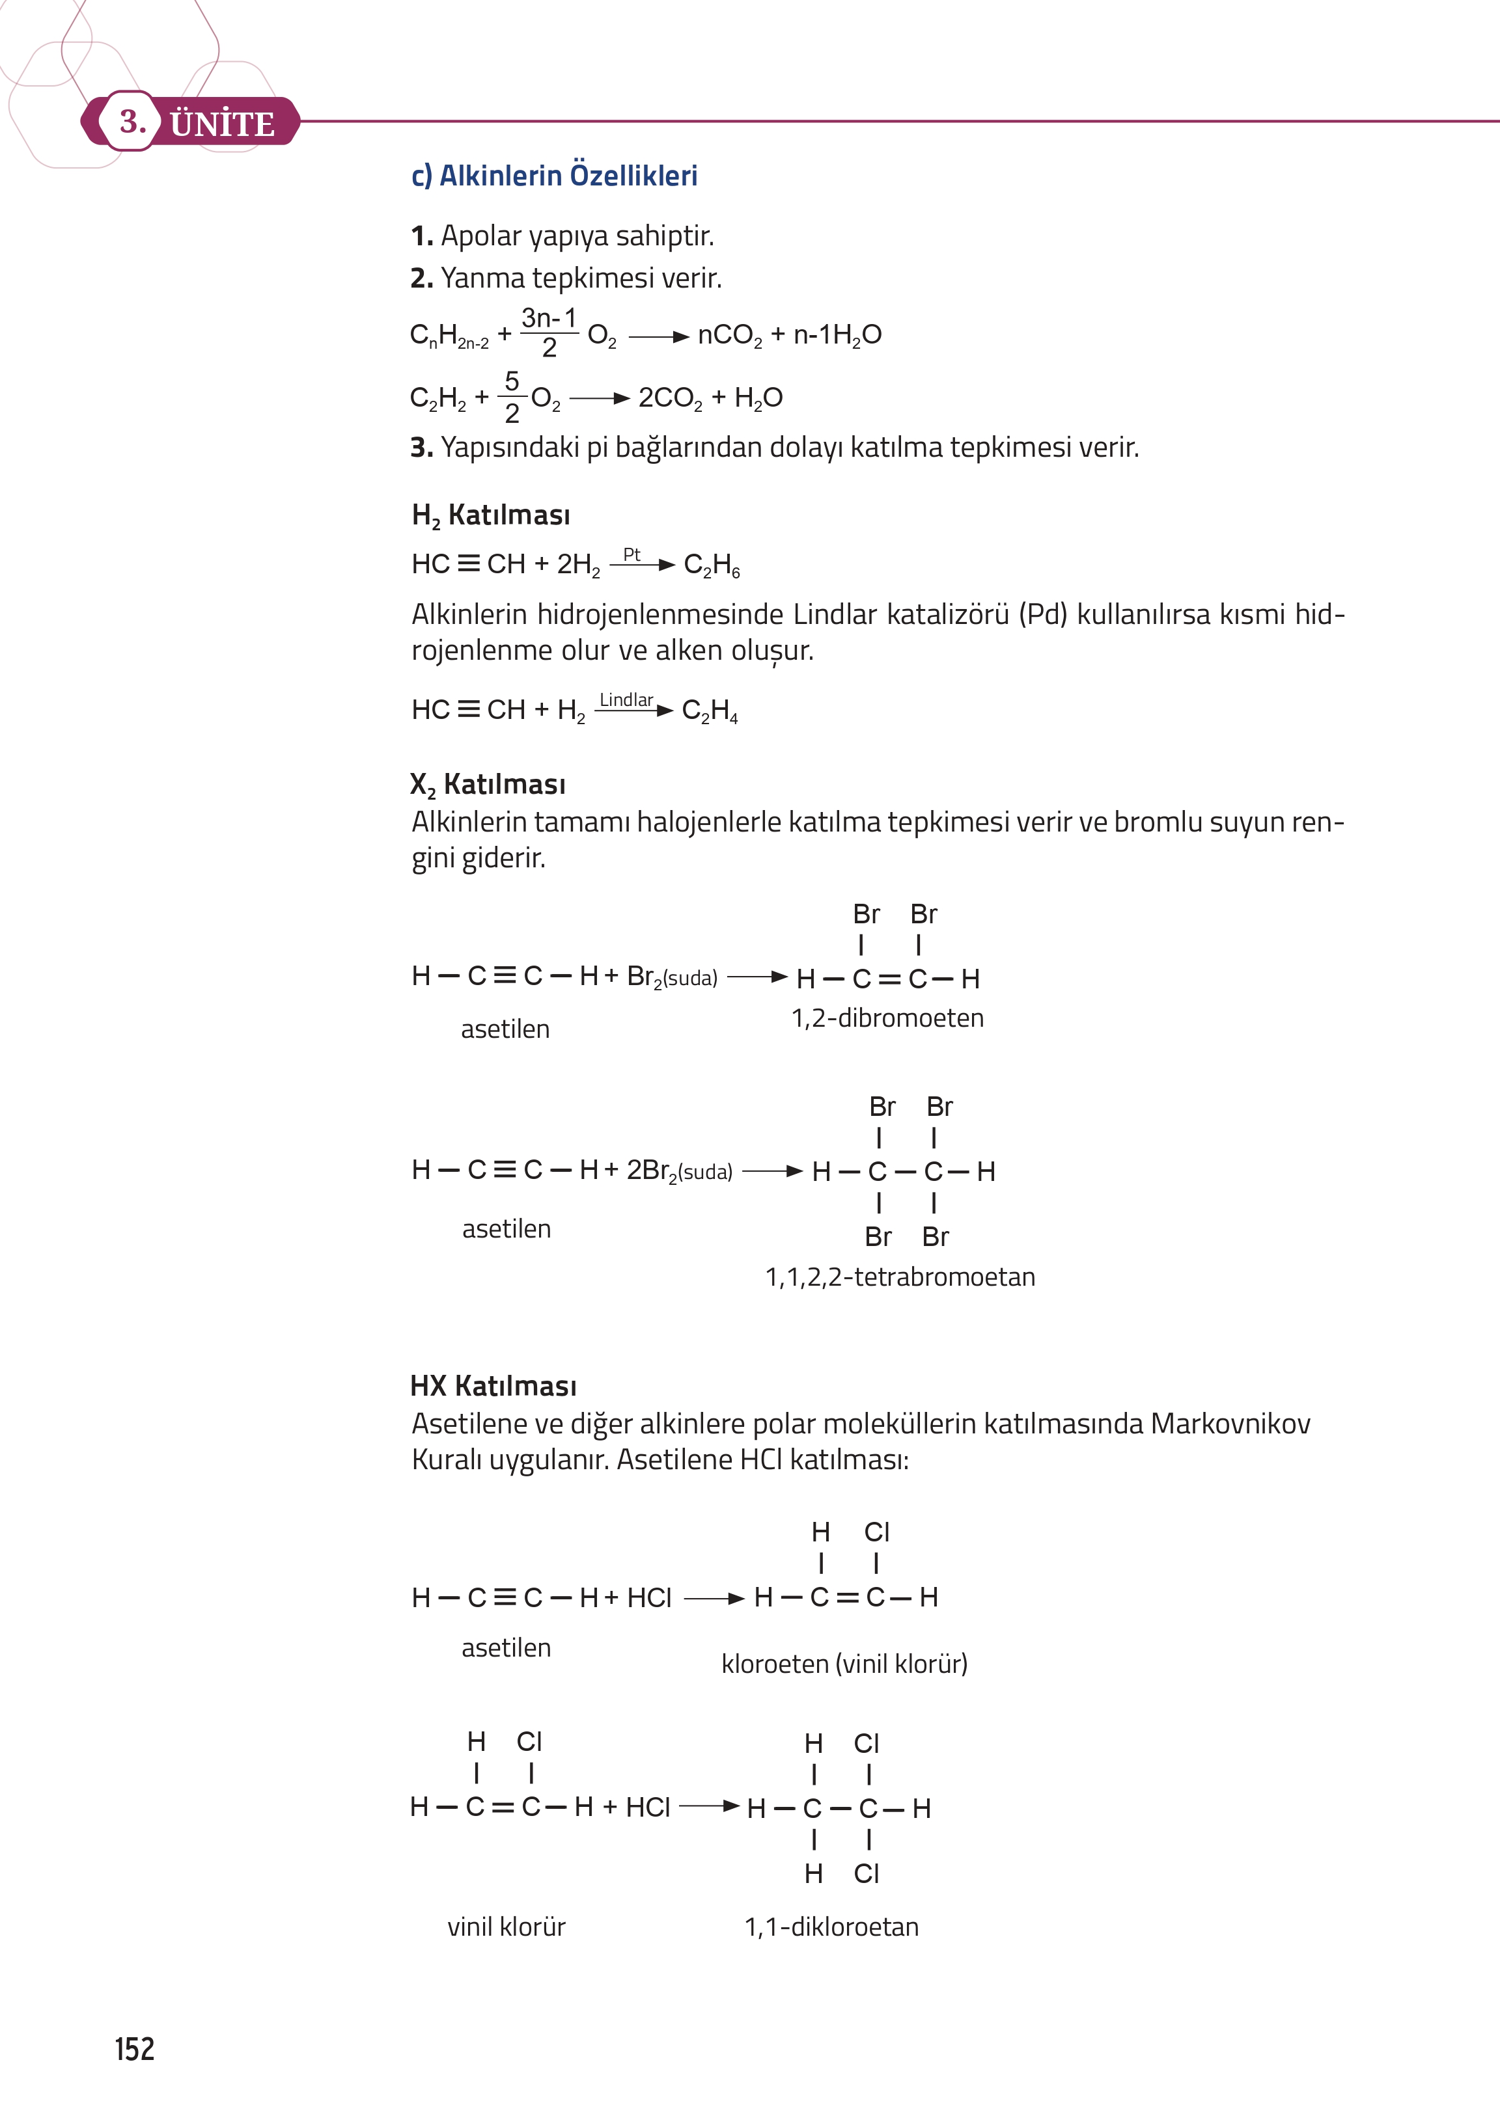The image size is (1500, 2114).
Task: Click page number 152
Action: (x=135, y=2048)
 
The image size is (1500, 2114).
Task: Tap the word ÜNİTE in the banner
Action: (x=223, y=124)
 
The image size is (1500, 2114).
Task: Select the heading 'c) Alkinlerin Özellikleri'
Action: (x=554, y=176)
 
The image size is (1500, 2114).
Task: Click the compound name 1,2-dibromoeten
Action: (x=887, y=1018)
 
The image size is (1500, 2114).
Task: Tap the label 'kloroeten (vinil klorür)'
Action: (x=844, y=1664)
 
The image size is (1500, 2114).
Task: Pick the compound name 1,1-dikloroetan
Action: (x=831, y=1927)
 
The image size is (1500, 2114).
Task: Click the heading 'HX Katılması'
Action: (x=493, y=1386)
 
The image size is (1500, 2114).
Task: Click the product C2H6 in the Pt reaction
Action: (x=711, y=565)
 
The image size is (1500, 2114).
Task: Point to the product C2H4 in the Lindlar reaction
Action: (x=710, y=711)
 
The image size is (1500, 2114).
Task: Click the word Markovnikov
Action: (x=1230, y=1424)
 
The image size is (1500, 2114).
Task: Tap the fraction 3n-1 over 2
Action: (x=549, y=332)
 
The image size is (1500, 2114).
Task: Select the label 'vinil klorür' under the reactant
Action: (x=506, y=1927)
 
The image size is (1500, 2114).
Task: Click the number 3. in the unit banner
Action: (x=132, y=121)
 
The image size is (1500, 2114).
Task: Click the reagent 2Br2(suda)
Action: (x=679, y=1171)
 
